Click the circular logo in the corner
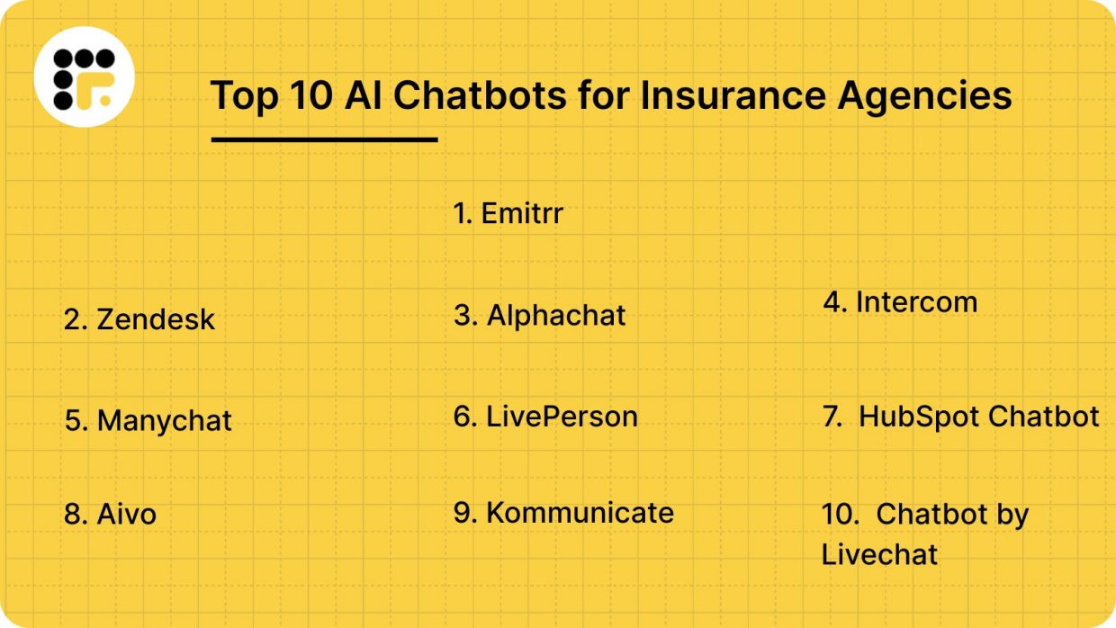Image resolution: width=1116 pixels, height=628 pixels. point(84,77)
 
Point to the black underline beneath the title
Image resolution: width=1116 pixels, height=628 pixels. point(324,139)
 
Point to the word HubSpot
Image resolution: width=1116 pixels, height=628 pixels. point(918,417)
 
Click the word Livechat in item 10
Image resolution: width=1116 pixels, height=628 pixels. point(879,554)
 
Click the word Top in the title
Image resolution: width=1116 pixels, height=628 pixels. point(244,95)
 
